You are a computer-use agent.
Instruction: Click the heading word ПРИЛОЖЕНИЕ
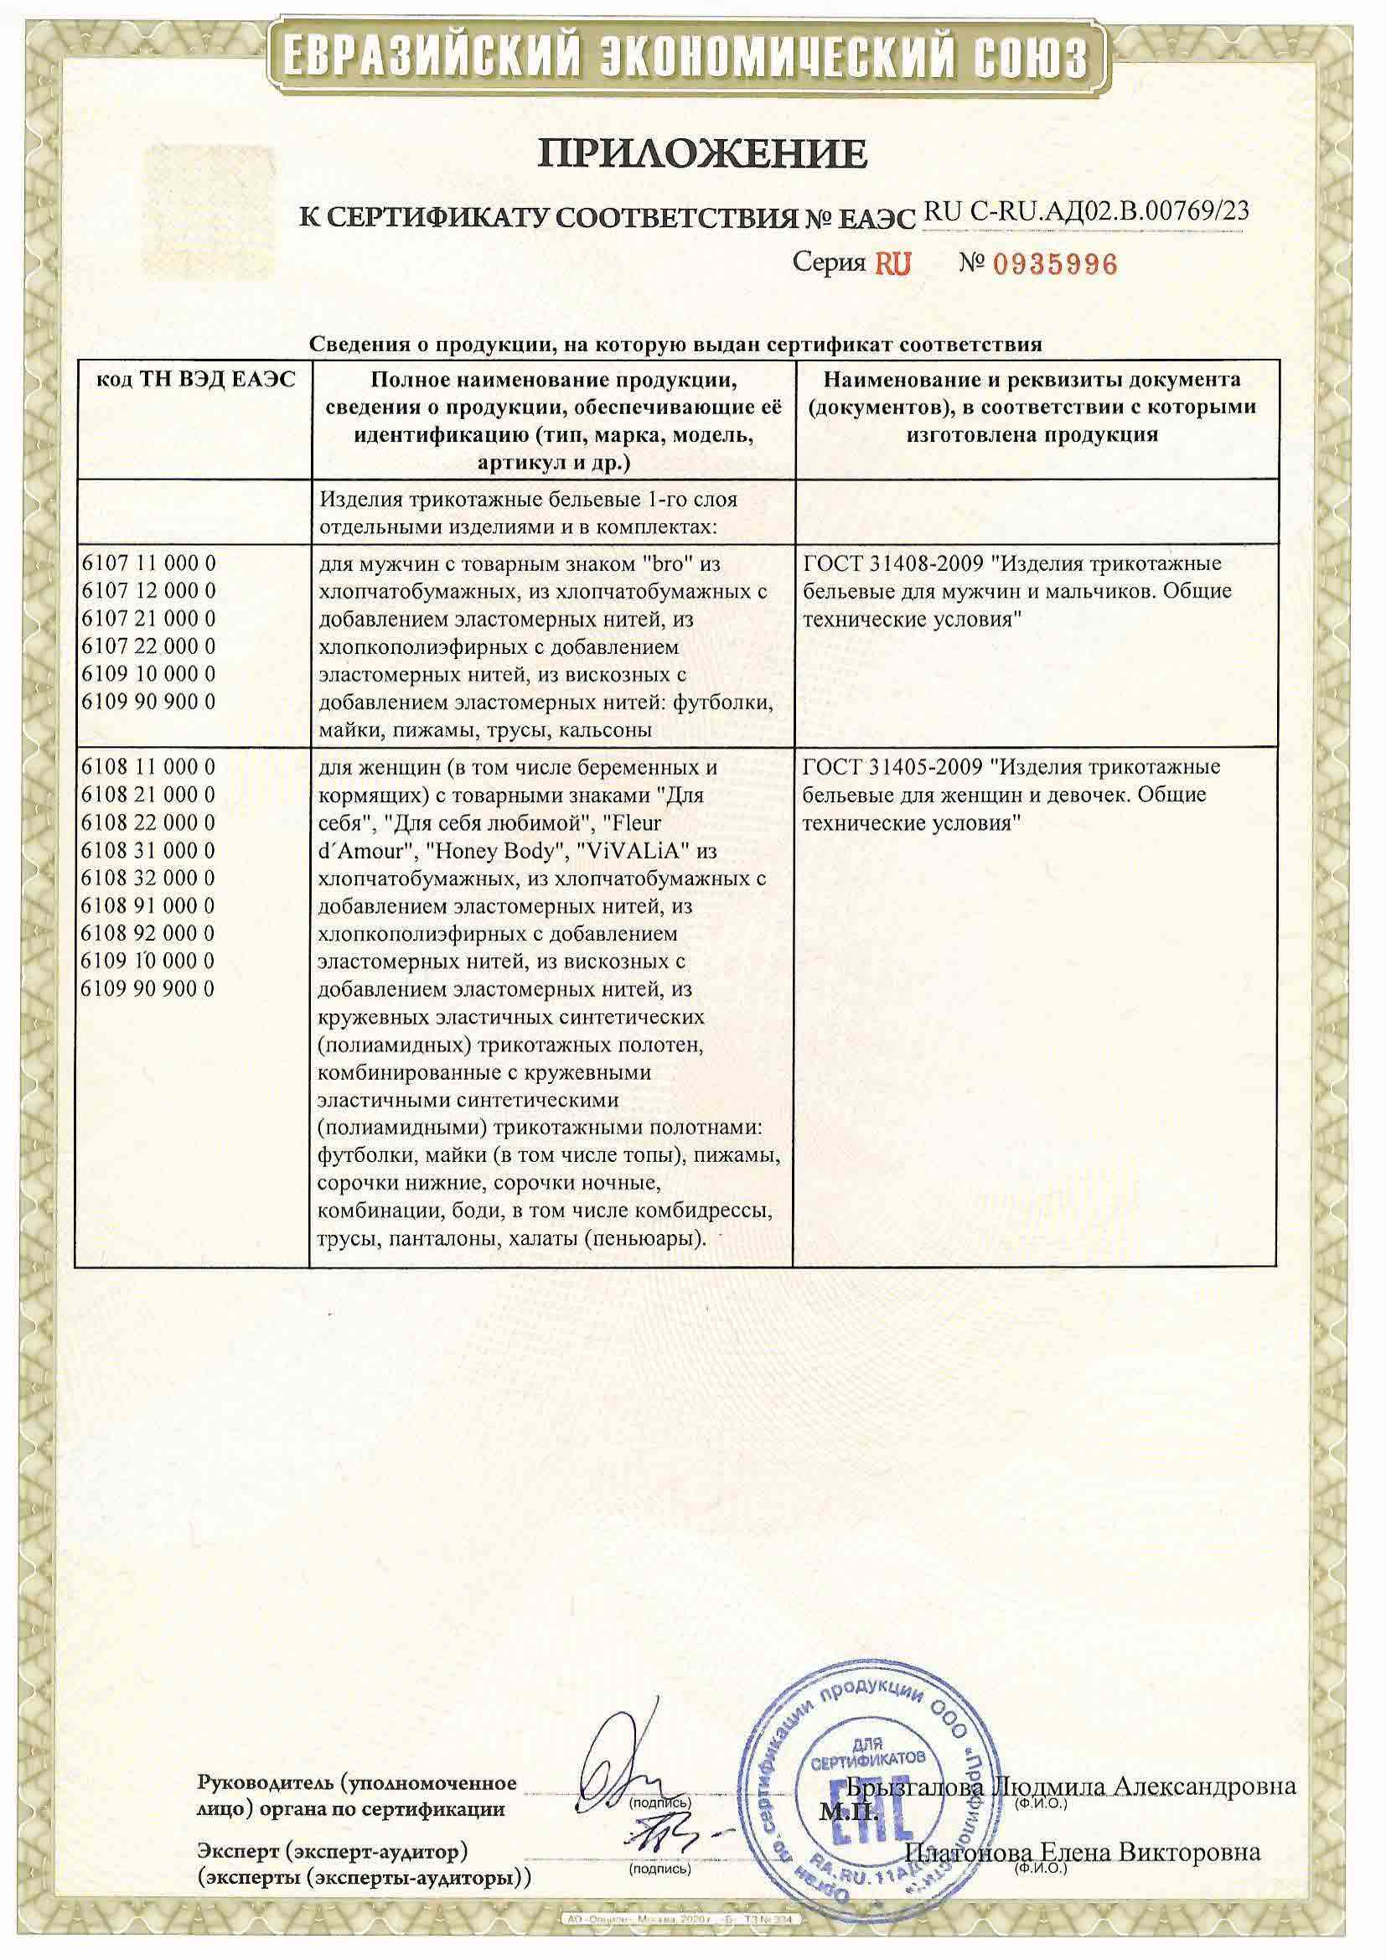click(x=702, y=153)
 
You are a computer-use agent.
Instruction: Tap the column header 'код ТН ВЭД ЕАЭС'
click(x=195, y=380)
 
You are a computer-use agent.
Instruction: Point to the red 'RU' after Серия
click(x=892, y=264)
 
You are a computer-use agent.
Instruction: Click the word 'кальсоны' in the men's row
click(x=609, y=730)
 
